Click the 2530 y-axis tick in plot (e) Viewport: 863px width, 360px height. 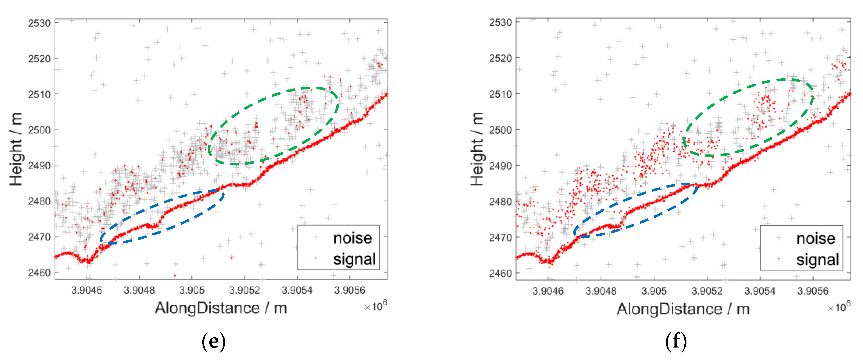[x=39, y=23]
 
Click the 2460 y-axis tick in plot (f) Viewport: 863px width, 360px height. [x=500, y=273]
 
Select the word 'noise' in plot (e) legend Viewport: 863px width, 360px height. [x=352, y=238]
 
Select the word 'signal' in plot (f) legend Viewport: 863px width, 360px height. [x=817, y=260]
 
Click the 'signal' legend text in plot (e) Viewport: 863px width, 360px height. [x=354, y=259]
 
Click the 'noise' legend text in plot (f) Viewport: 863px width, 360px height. [x=816, y=239]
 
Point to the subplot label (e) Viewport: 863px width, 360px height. [x=213, y=341]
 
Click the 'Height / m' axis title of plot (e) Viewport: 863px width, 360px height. [x=16, y=149]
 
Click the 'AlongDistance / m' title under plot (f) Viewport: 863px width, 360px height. [x=683, y=309]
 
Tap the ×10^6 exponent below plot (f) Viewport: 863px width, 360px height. [x=839, y=306]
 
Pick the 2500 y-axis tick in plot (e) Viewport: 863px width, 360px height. [x=39, y=130]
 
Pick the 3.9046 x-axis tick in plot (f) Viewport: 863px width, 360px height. [x=548, y=290]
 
